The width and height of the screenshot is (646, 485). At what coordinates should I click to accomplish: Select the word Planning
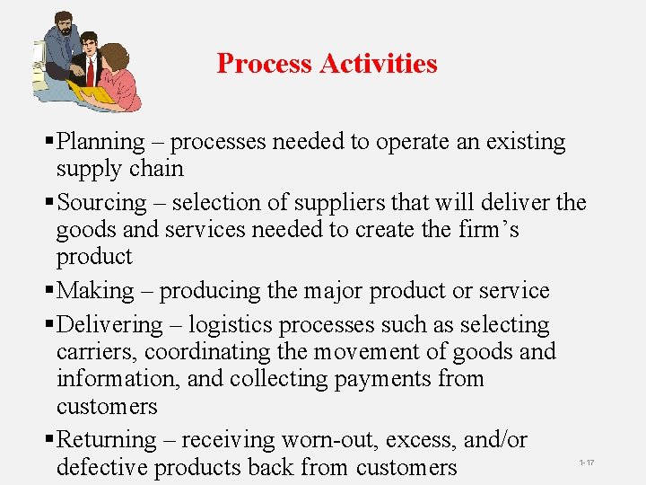point(100,142)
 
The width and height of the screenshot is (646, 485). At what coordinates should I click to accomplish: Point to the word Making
point(95,291)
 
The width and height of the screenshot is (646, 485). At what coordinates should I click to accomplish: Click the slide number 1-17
point(587,463)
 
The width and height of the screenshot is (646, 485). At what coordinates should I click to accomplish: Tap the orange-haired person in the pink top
point(117,72)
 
